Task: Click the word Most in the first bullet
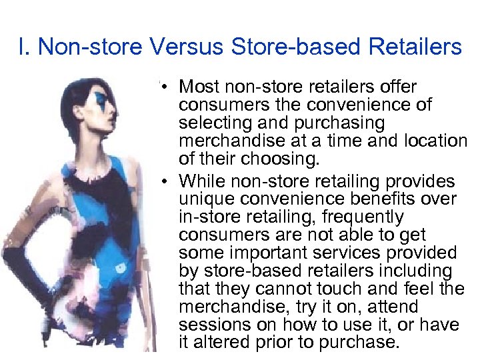[x=199, y=87]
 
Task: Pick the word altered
[x=225, y=343]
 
